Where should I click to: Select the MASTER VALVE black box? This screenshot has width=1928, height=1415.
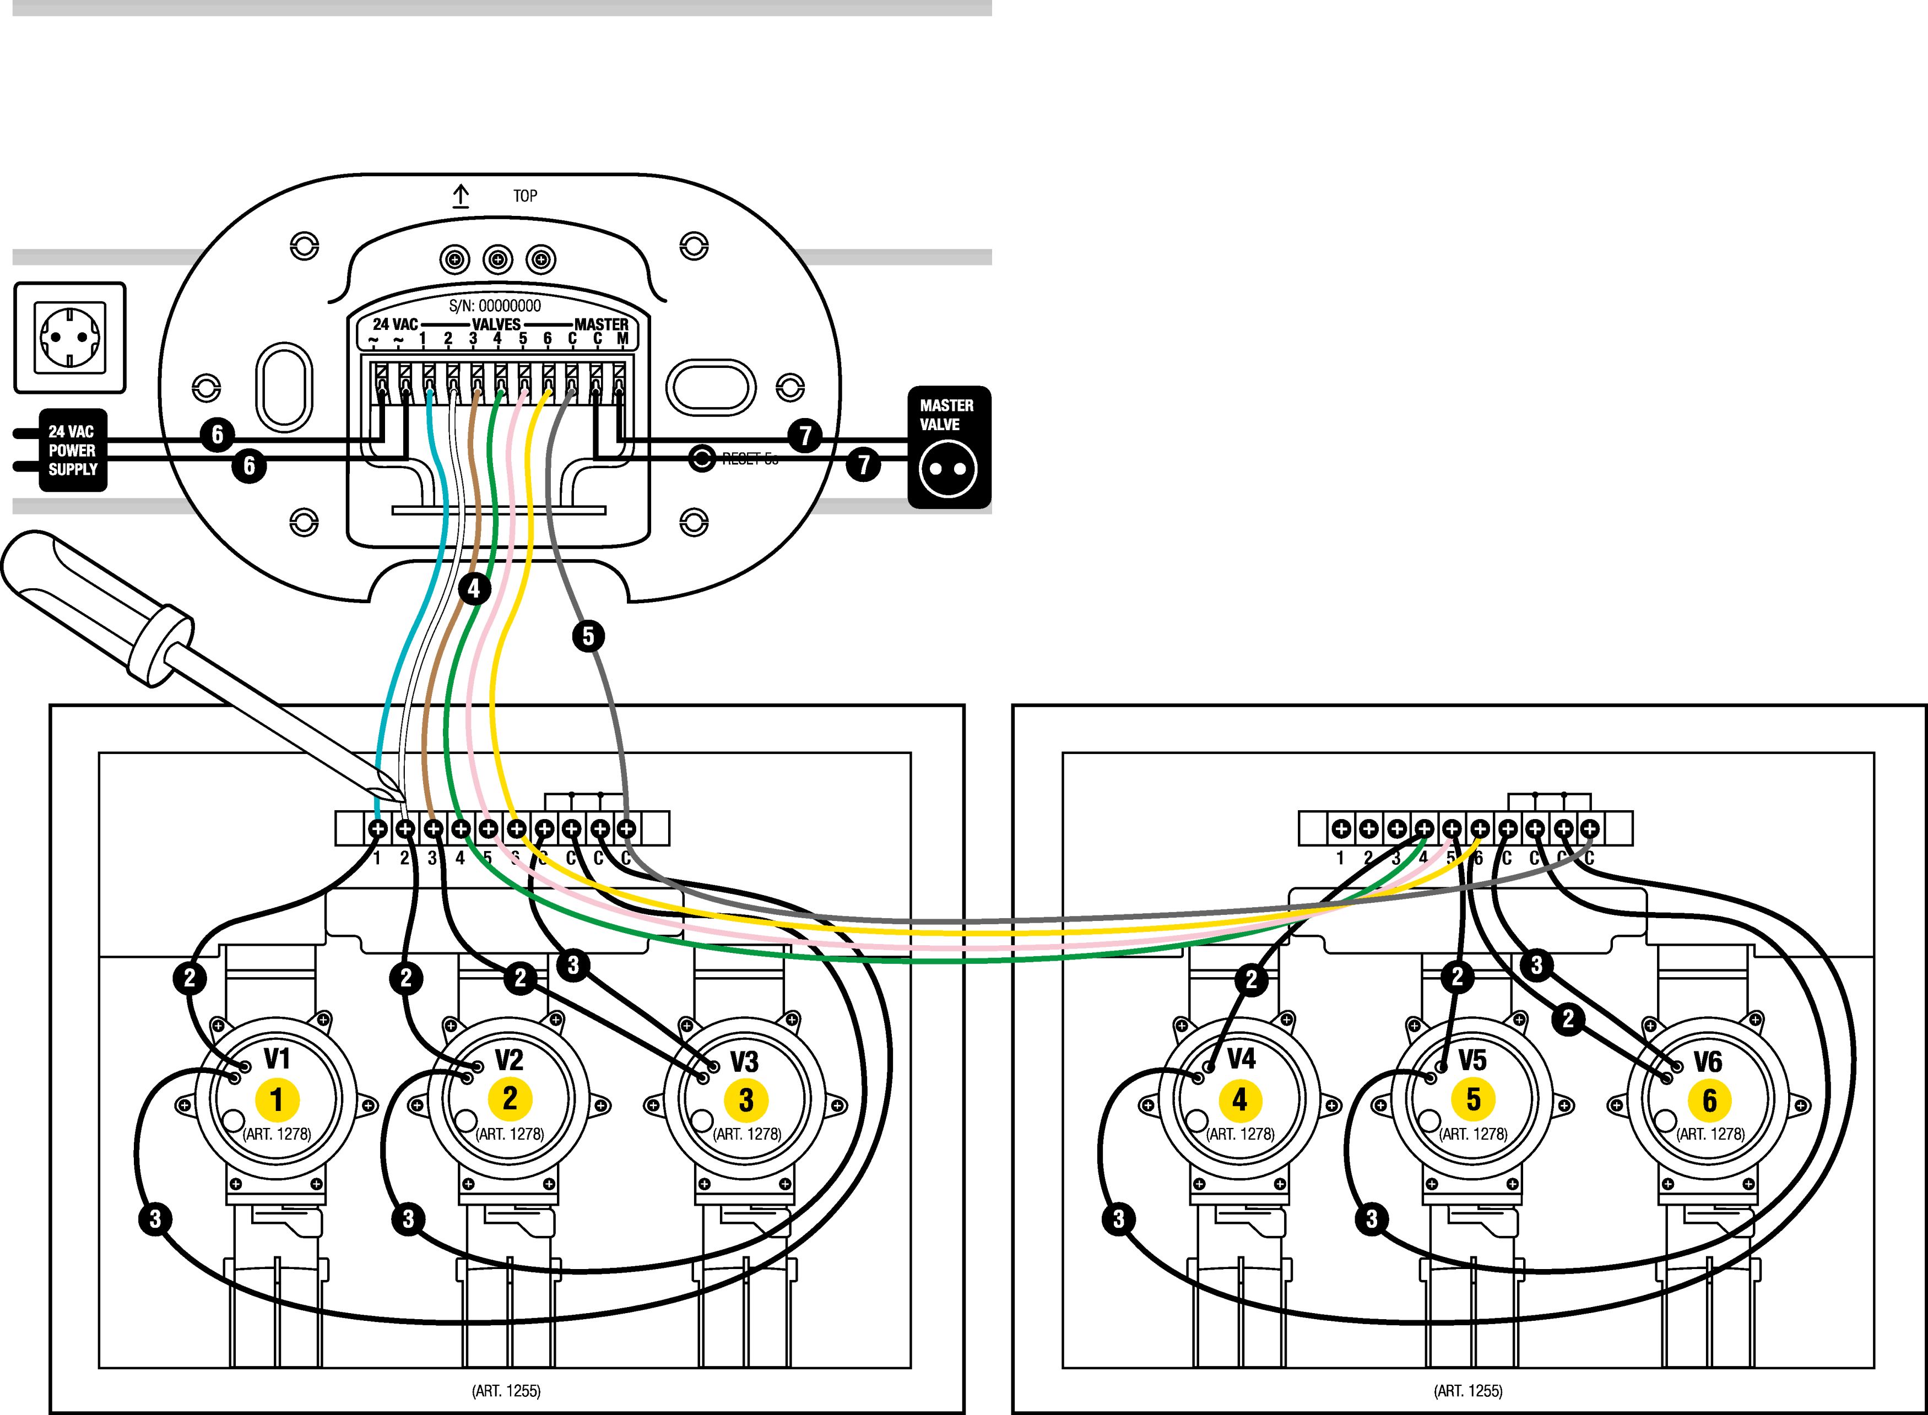948,447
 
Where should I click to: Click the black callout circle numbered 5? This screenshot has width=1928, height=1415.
588,636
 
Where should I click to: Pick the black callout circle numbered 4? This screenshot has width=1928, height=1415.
474,588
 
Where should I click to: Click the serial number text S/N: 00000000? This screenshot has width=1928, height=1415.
495,306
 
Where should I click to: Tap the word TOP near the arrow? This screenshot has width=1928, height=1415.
525,196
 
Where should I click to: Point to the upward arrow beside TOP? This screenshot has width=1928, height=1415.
461,196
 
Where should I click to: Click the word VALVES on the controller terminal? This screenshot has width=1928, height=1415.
496,324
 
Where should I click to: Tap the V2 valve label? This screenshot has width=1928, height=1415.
509,1060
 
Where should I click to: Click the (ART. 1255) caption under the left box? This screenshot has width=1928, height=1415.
506,1391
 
